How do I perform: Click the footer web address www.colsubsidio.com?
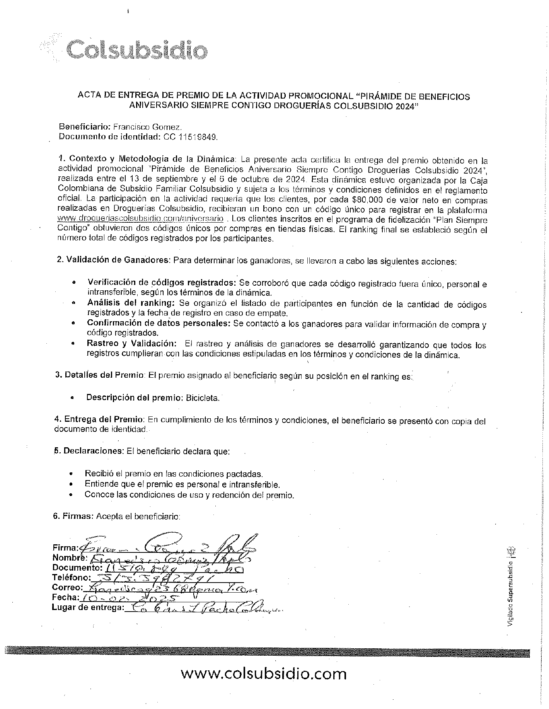click(264, 673)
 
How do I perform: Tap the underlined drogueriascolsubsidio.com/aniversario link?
click(140, 220)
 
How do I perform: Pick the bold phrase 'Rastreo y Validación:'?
click(132, 344)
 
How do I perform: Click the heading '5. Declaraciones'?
click(89, 451)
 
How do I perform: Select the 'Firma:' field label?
click(65, 548)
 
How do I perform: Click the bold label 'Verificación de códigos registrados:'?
click(162, 282)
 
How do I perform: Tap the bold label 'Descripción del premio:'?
click(134, 398)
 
